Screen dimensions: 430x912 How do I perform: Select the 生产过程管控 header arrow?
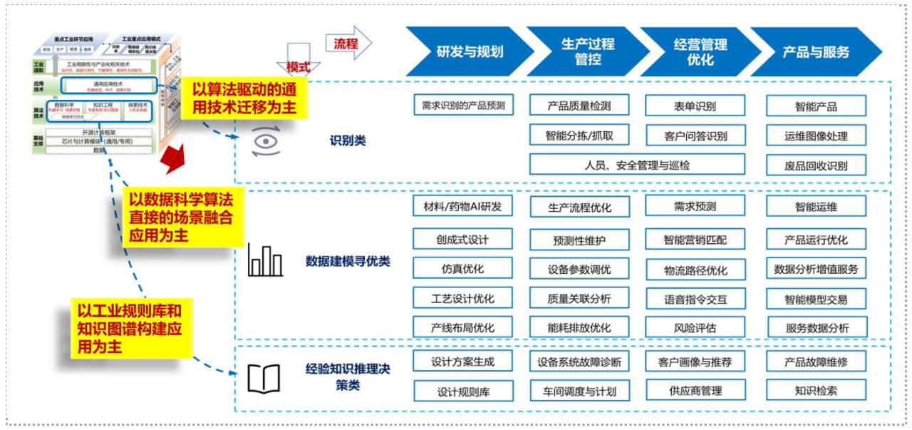click(x=582, y=51)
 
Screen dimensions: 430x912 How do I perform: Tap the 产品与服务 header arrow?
click(x=815, y=51)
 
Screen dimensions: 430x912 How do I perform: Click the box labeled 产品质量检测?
click(x=579, y=106)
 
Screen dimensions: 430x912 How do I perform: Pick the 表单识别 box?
click(x=695, y=106)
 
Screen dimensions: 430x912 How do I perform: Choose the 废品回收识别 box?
click(x=816, y=166)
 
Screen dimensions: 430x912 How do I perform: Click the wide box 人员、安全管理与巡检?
click(x=637, y=165)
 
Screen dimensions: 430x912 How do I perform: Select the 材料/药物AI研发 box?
click(x=462, y=207)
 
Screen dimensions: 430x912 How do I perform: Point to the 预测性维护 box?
click(x=579, y=240)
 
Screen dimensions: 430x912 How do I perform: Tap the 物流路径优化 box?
click(x=695, y=270)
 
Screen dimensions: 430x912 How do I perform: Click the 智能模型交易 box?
click(x=816, y=300)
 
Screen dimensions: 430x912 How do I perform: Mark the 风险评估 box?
click(x=695, y=328)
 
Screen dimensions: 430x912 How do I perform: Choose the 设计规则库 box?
click(x=462, y=391)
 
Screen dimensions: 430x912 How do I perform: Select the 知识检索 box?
click(x=816, y=391)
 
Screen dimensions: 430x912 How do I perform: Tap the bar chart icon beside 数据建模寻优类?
click(x=265, y=262)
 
